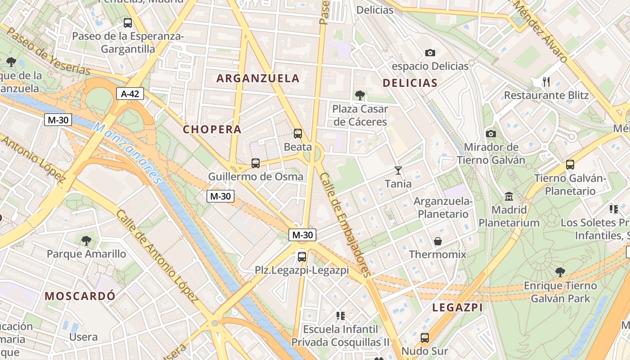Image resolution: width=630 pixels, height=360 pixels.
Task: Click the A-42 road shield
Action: point(130,94)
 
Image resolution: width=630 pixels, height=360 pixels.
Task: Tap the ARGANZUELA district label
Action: point(258,78)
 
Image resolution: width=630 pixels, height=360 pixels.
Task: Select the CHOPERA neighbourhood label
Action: point(212,130)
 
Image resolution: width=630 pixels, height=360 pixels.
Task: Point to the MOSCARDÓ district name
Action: point(80,296)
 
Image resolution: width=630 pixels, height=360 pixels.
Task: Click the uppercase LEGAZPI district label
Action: point(457,308)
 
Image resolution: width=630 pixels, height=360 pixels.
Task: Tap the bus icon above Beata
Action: point(297,134)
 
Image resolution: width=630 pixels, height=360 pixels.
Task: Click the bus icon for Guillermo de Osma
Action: point(256,163)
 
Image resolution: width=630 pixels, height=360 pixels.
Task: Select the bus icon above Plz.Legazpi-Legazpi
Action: point(302,257)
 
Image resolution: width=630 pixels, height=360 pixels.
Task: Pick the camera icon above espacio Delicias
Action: point(430,53)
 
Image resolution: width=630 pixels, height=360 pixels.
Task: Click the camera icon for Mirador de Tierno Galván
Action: point(491,134)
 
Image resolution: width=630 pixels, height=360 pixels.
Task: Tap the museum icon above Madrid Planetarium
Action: point(509,197)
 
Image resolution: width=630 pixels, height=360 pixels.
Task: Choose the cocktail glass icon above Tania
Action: point(398,171)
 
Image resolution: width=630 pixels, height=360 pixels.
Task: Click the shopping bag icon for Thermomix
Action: point(437,241)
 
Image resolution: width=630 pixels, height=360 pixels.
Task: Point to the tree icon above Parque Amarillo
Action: point(86,241)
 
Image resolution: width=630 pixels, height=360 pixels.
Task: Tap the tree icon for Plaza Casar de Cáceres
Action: point(360,95)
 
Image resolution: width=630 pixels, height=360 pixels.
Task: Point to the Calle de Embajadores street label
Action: point(345,225)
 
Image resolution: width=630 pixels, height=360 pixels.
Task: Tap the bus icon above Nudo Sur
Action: point(424,338)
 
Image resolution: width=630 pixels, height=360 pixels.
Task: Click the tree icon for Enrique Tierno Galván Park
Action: point(560,272)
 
